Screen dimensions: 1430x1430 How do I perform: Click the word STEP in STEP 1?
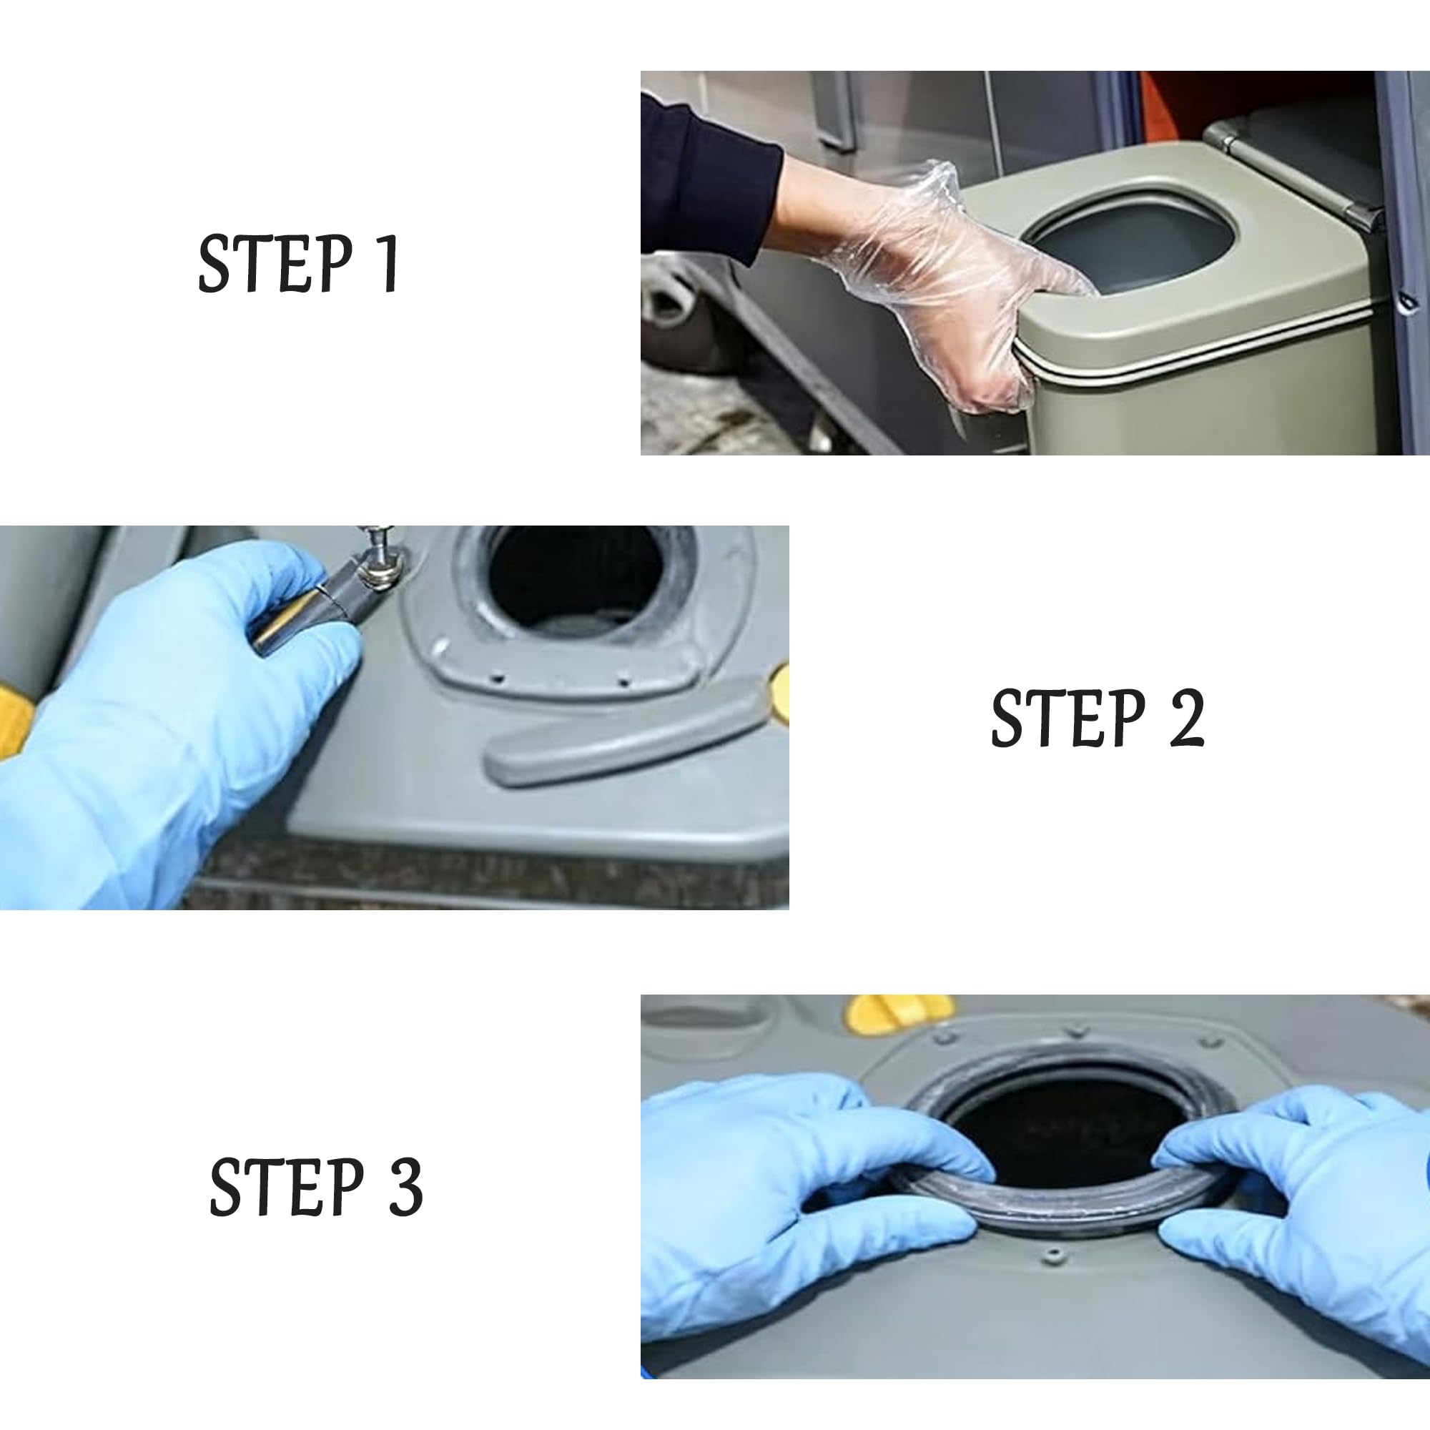point(275,264)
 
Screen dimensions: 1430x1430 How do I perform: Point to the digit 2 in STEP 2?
point(1185,717)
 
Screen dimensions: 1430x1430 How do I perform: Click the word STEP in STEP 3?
point(287,1187)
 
